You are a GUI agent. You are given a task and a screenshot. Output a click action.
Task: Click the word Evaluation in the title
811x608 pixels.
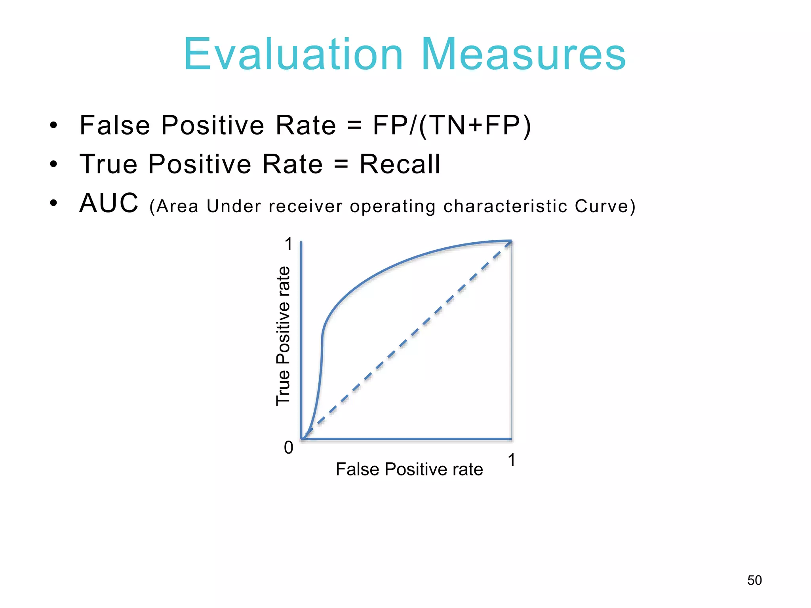pyautogui.click(x=293, y=55)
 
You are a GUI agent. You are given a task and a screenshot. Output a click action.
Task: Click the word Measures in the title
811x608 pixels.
pyautogui.click(x=523, y=55)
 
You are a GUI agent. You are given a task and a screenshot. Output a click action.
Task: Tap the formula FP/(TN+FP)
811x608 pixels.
pyautogui.click(x=451, y=126)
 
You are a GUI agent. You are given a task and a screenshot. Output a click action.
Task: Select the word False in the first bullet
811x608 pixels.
pyautogui.click(x=115, y=126)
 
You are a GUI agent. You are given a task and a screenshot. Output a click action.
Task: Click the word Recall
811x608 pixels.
pyautogui.click(x=400, y=164)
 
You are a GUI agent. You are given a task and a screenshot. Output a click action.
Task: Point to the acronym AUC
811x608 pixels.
pyautogui.click(x=109, y=203)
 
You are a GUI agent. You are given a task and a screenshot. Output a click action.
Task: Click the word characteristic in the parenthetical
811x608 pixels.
pyautogui.click(x=505, y=207)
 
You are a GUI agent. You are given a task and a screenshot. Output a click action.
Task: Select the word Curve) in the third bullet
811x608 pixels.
pyautogui.click(x=605, y=207)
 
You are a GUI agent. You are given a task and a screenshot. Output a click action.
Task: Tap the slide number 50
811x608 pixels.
pyautogui.click(x=754, y=580)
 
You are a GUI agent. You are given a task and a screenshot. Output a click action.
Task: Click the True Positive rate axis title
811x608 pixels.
pyautogui.click(x=283, y=336)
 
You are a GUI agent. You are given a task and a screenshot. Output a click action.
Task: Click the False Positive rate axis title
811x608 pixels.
pyautogui.click(x=409, y=469)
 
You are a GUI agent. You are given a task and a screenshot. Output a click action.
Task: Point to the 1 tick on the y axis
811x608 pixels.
pyautogui.click(x=289, y=244)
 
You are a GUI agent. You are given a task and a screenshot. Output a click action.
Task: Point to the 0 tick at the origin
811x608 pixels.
pyautogui.click(x=289, y=448)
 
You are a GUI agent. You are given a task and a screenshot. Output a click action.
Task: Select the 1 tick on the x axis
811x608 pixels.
pyautogui.click(x=511, y=460)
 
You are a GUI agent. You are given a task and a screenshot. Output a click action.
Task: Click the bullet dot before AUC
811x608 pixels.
pyautogui.click(x=54, y=203)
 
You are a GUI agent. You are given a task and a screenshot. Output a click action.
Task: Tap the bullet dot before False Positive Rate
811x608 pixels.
pyautogui.click(x=54, y=126)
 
